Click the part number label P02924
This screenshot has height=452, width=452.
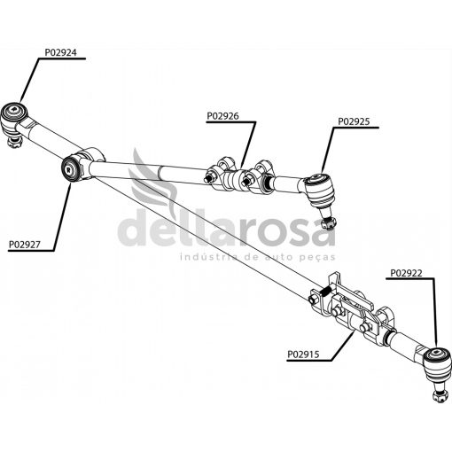(x=60, y=52)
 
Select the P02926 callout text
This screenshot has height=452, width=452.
(x=222, y=116)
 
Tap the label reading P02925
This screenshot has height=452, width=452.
(x=354, y=121)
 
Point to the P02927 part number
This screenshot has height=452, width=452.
(x=24, y=245)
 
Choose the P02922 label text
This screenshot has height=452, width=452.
(x=406, y=273)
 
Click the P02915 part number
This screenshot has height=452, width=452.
(x=303, y=354)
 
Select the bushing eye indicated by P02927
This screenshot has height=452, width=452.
(x=70, y=169)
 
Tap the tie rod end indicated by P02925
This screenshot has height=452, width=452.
(x=319, y=189)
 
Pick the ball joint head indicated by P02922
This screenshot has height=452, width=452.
(x=437, y=364)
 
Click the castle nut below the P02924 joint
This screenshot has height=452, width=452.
(x=15, y=143)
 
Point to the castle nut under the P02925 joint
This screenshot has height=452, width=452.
(x=329, y=223)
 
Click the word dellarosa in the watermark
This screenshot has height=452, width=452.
(x=227, y=228)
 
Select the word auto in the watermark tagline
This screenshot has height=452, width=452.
(x=277, y=257)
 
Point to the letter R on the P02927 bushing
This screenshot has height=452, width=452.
(x=68, y=170)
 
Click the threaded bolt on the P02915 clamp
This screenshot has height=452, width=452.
(x=324, y=293)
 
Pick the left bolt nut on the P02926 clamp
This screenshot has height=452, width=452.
(x=208, y=179)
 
